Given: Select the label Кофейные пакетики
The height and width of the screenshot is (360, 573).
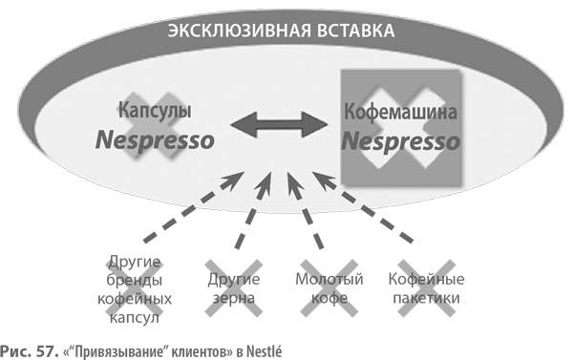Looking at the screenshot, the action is (426, 289).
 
